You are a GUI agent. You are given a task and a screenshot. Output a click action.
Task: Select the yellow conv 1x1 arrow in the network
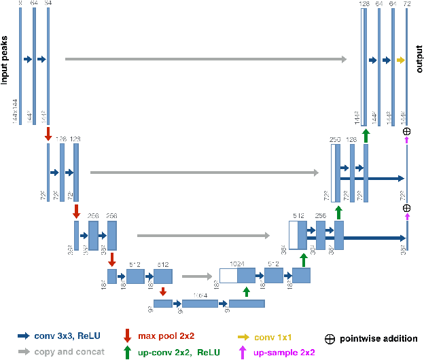(401, 60)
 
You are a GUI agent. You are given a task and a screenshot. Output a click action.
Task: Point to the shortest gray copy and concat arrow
(197, 276)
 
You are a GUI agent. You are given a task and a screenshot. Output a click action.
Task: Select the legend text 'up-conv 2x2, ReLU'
(176, 352)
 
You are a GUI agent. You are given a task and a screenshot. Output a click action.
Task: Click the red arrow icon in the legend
(127, 336)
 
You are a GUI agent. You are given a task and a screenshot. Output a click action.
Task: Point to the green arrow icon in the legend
(127, 351)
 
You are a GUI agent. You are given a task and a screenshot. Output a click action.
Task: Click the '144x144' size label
(14, 109)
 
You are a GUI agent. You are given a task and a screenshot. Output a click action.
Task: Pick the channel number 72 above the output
(407, 5)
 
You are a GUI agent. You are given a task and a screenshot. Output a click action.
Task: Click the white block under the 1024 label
(228, 275)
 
